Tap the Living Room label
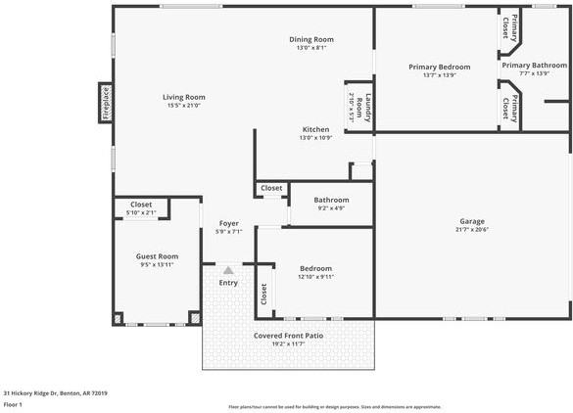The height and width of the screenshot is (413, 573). pos(183,97)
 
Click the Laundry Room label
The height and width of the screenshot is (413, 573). pos(358,106)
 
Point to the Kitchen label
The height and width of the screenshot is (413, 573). pos(315,129)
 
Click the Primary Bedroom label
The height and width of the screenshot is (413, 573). pos(439,67)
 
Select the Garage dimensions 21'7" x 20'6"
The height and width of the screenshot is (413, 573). pos(472,230)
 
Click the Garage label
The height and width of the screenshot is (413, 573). pos(472,221)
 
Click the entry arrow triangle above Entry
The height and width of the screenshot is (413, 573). pos(228,269)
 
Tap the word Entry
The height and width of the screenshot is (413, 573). pos(228,283)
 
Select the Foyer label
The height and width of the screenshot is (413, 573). pos(228,223)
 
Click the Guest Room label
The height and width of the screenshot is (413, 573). pos(157,256)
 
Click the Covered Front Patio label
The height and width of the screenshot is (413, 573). pos(288,336)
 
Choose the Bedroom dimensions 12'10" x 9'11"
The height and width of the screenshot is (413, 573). pos(315,277)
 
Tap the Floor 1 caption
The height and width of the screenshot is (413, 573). pos(13,404)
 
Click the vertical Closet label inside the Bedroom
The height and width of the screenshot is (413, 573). pos(263,294)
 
